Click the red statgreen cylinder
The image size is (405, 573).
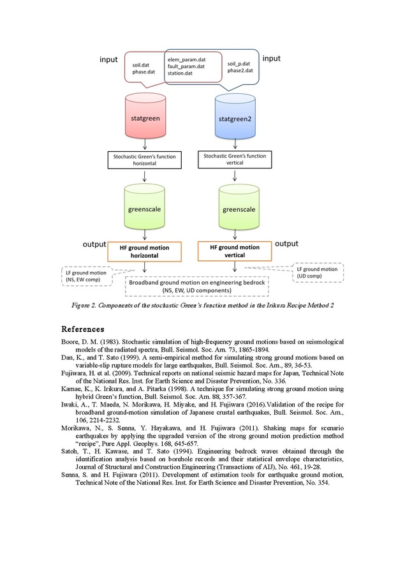146,119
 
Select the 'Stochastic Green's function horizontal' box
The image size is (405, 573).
145,160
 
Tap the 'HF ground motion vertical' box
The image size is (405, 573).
235,251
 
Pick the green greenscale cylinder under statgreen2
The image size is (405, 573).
239,209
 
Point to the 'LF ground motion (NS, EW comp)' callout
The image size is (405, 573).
89,276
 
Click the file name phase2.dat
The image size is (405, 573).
240,70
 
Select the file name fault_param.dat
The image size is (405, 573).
186,66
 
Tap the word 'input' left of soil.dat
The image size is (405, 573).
109,59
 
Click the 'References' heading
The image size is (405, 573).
82,329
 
